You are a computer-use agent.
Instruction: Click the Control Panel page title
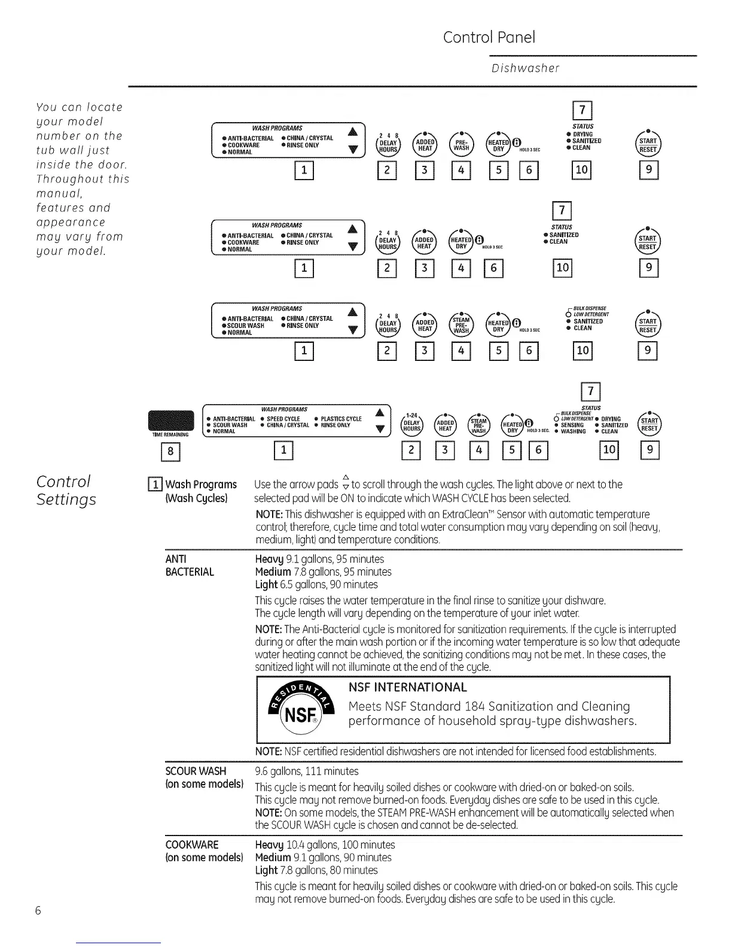(x=489, y=37)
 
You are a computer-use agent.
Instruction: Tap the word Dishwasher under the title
(x=525, y=68)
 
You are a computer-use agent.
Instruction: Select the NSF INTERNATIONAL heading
(x=407, y=687)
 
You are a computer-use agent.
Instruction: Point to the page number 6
(x=38, y=911)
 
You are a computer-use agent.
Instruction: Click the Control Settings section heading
(x=66, y=490)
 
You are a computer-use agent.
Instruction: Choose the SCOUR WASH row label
(x=196, y=771)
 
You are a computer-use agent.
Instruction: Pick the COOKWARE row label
(x=191, y=844)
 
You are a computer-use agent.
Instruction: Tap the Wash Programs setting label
(x=201, y=484)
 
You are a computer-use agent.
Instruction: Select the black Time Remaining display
(x=171, y=420)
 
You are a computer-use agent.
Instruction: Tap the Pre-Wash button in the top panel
(x=461, y=144)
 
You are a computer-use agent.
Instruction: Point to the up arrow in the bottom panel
(x=379, y=412)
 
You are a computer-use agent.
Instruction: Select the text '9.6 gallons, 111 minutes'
(x=306, y=771)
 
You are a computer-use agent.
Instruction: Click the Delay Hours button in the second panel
(x=388, y=242)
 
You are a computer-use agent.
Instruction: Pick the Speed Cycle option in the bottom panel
(x=283, y=419)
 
